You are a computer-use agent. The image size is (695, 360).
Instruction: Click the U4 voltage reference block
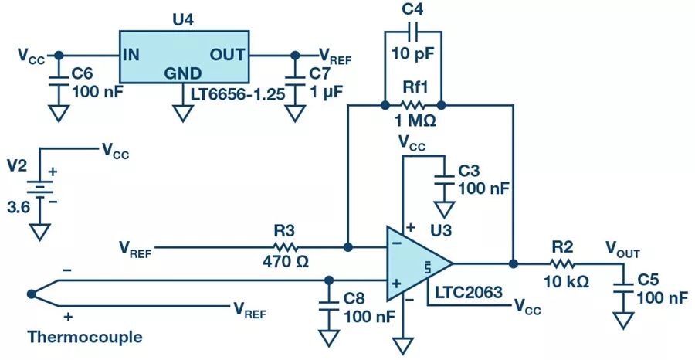coord(184,57)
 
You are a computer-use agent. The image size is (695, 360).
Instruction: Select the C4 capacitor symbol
coord(412,32)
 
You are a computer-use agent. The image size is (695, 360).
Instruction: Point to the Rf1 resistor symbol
coord(412,104)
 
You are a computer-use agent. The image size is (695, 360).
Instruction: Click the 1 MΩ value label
coord(412,122)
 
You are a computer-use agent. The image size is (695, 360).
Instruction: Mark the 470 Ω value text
coord(286,263)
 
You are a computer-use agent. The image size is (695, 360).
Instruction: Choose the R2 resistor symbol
coord(563,263)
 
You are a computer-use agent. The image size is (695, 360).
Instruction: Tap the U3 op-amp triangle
coord(415,263)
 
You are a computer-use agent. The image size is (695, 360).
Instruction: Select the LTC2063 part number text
coord(470,293)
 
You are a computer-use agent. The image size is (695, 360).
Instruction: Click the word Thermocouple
coord(84,338)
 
